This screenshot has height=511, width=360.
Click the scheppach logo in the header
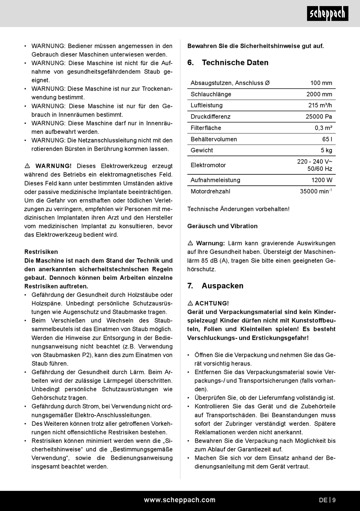click(x=327, y=14)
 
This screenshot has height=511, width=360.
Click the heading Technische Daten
click(x=235, y=63)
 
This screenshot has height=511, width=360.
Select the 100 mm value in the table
click(x=321, y=83)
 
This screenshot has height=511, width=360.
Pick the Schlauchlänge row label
click(x=211, y=94)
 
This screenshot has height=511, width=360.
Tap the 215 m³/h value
click(x=320, y=105)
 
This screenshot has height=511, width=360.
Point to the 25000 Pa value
click(x=319, y=117)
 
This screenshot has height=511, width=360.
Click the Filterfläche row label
click(x=206, y=128)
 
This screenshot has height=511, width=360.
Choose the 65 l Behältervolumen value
click(x=327, y=139)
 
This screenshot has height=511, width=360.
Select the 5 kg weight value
click(x=326, y=150)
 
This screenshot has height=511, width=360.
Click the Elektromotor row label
click(x=208, y=165)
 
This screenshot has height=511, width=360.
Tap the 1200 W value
click(x=322, y=180)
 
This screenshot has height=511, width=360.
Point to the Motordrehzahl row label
click(x=210, y=191)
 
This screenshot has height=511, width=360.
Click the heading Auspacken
click(x=222, y=286)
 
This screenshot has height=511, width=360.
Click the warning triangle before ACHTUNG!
click(x=190, y=303)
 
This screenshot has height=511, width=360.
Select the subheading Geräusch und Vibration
click(x=222, y=226)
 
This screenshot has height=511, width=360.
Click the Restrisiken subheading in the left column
click(x=41, y=252)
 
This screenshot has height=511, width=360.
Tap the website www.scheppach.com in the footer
click(x=180, y=500)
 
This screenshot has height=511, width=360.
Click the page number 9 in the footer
click(x=334, y=500)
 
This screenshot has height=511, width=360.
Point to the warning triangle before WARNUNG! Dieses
click(x=27, y=166)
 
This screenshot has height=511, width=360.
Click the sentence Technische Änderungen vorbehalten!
click(x=238, y=209)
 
